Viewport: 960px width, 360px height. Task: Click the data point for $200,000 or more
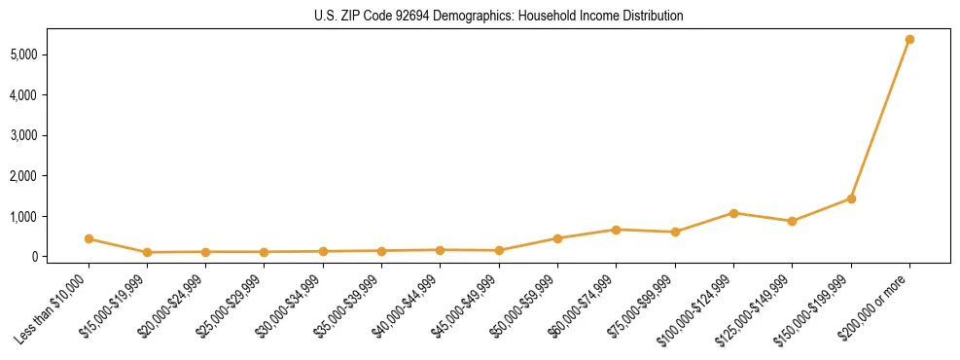point(909,40)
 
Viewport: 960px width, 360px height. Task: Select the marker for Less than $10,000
point(89,238)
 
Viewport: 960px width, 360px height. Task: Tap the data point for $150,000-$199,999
point(851,198)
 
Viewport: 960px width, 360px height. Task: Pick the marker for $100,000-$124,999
point(733,213)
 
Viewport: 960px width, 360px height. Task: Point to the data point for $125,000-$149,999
point(792,221)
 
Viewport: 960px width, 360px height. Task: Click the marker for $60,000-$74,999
point(616,230)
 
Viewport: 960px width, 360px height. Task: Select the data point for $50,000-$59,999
point(557,238)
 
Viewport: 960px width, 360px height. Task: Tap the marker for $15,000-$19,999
point(147,252)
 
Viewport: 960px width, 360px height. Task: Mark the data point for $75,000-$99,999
point(675,232)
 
